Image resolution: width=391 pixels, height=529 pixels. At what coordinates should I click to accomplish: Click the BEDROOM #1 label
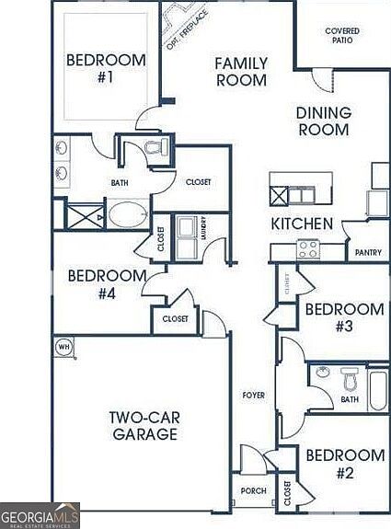coord(106,69)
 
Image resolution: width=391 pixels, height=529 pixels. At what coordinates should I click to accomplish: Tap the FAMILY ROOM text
coord(241,72)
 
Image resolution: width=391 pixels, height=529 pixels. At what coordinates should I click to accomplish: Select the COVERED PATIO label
coord(342,37)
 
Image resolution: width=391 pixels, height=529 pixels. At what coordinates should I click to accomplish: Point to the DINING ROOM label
coord(323,121)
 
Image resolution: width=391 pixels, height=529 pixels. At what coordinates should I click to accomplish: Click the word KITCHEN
coord(301,224)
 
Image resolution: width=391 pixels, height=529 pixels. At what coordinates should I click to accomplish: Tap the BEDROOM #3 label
coord(344,317)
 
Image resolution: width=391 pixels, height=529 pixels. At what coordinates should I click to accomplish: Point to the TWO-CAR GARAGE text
coord(144,425)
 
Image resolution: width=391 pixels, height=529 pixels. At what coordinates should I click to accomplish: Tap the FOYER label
coord(253,396)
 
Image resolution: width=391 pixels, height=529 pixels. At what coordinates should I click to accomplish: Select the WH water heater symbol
coord(63,346)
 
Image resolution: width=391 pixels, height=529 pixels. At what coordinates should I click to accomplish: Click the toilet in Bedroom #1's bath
coord(153,147)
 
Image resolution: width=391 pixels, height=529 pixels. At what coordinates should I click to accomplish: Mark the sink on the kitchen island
coord(300,195)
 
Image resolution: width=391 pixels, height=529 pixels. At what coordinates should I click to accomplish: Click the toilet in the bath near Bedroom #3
coord(349,378)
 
